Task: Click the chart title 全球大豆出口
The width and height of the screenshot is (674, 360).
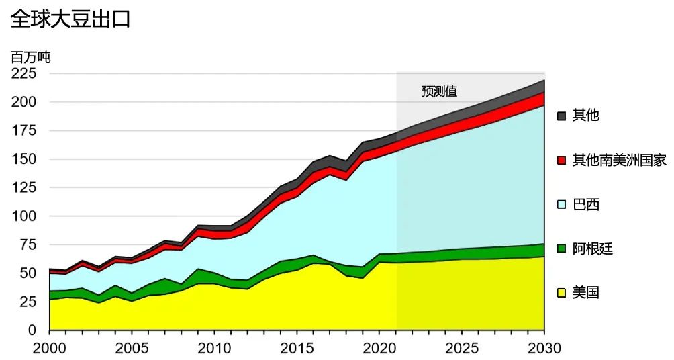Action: click(70, 19)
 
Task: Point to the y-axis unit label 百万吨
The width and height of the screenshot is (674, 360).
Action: click(31, 57)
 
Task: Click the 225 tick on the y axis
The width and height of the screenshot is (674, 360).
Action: click(24, 73)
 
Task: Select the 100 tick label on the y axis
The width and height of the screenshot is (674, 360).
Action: click(24, 216)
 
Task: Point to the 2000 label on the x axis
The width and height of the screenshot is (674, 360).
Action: click(49, 348)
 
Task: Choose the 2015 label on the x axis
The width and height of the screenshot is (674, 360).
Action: click(296, 348)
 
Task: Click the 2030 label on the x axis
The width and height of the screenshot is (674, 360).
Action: click(544, 348)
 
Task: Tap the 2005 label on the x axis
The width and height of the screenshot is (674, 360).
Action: click(132, 348)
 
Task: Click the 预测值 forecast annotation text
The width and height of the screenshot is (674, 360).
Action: click(439, 92)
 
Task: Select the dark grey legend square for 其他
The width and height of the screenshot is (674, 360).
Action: click(562, 116)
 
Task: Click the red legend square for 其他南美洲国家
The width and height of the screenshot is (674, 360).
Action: click(562, 161)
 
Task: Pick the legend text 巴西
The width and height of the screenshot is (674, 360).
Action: click(585, 205)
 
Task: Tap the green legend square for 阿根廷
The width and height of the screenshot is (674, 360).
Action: click(562, 249)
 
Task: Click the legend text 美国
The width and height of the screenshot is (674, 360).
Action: click(585, 293)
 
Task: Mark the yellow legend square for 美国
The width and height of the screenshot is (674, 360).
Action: click(562, 293)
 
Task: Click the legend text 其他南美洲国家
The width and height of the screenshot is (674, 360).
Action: click(619, 161)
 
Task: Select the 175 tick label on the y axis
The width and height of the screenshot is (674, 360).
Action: click(24, 130)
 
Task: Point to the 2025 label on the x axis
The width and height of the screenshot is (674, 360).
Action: click(461, 348)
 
